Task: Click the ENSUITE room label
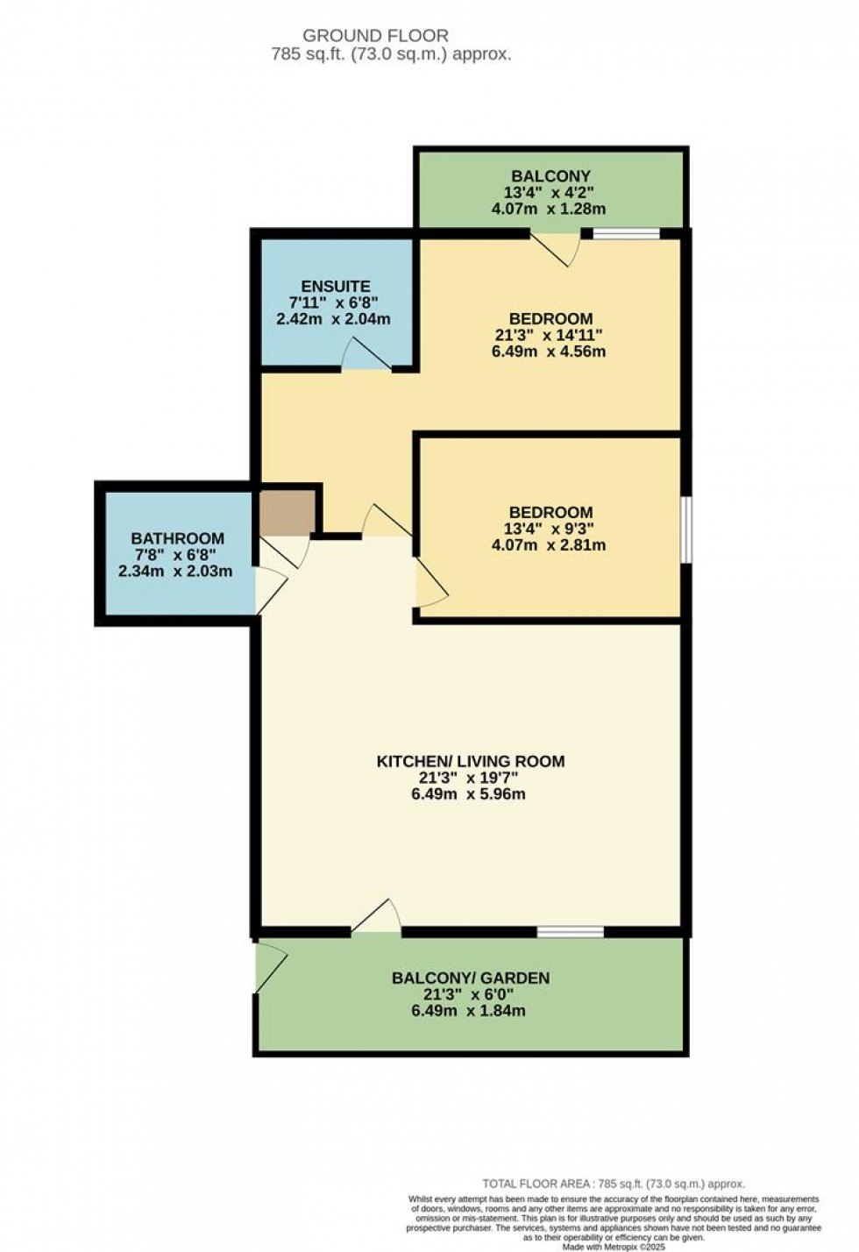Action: (335, 286)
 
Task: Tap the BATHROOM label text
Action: (177, 538)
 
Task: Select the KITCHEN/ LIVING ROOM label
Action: (470, 761)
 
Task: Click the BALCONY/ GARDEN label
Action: (470, 978)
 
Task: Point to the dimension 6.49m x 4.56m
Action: (550, 352)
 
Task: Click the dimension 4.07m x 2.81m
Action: (550, 544)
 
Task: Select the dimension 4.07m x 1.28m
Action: (550, 210)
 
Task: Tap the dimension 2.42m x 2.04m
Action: (334, 319)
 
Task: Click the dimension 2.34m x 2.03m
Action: (176, 571)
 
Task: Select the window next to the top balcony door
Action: (626, 233)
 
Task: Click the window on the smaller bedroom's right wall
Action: (686, 529)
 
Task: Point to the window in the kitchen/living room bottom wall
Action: (570, 931)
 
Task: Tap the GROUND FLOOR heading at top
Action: (375, 36)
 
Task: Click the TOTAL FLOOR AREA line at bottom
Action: (614, 1184)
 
